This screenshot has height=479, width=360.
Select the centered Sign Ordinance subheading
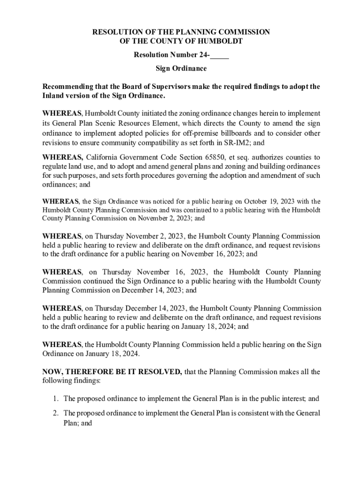click(181, 69)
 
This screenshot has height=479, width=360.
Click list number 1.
click(55, 399)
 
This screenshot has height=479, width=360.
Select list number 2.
click(55, 414)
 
